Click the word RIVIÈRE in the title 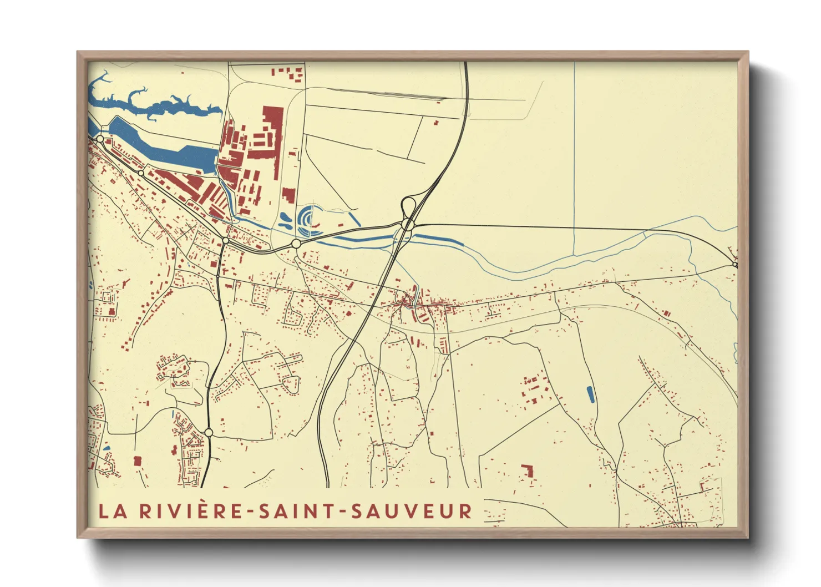[192, 511]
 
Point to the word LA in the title [113, 511]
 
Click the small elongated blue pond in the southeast [590, 394]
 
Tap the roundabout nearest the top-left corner [100, 139]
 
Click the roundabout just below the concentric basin [296, 244]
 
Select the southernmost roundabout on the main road [209, 432]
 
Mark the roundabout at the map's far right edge [735, 265]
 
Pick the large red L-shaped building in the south [528, 471]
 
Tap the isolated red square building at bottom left [138, 461]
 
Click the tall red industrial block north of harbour [272, 133]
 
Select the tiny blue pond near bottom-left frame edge [107, 448]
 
